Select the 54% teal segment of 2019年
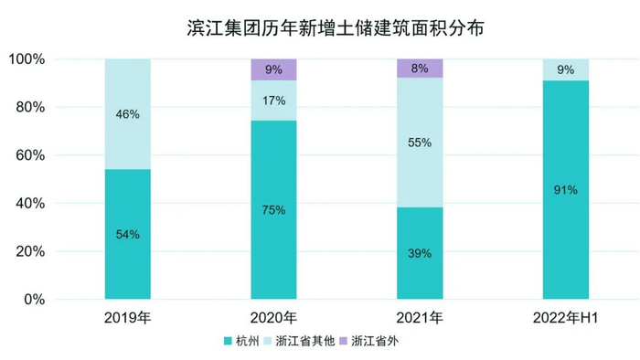coord(128,234)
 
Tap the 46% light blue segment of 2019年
coord(128,114)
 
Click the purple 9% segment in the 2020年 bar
coord(273,69)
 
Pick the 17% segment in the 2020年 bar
coord(273,101)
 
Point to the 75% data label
coord(273,210)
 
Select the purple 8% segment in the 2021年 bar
coord(420,68)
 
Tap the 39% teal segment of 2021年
coord(420,253)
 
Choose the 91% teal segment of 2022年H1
coord(566,190)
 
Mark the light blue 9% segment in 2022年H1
coord(566,69)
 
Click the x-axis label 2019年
coord(128,318)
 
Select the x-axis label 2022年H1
coord(566,318)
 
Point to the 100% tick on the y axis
coord(27,59)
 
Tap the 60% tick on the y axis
coord(30,155)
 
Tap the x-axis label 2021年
coord(420,318)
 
